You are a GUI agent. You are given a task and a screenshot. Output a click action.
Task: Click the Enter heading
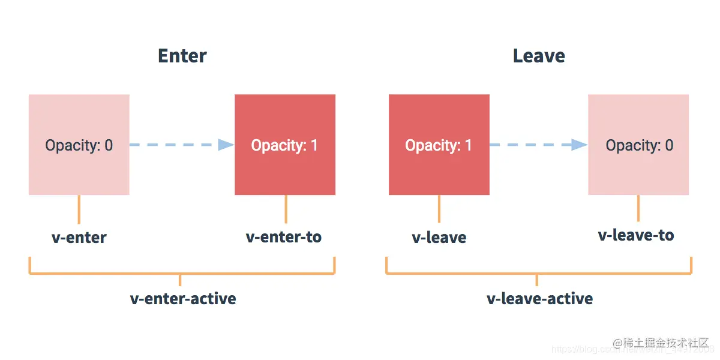[182, 56]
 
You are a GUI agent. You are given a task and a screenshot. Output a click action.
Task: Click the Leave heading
[538, 56]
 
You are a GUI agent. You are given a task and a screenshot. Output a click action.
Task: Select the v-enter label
[79, 238]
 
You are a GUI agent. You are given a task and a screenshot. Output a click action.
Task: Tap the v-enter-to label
[284, 237]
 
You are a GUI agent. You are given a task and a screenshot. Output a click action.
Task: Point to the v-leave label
[439, 238]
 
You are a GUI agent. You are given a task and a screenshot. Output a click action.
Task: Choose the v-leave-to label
[636, 235]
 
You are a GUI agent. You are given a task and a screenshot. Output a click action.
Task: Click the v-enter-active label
[183, 299]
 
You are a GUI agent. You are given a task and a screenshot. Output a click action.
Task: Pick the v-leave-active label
[539, 299]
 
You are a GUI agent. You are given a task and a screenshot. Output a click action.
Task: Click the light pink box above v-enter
[79, 120]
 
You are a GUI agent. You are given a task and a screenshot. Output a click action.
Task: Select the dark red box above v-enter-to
[285, 120]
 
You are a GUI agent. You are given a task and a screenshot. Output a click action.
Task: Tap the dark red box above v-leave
[439, 120]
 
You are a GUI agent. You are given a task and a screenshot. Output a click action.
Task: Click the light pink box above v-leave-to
[638, 120]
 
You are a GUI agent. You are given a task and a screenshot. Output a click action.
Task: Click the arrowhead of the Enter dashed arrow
[226, 145]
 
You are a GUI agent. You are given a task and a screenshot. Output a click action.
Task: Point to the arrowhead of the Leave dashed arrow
[579, 145]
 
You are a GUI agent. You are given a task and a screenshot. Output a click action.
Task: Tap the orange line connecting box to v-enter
[79, 209]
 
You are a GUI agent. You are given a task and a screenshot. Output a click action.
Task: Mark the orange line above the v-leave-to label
[638, 208]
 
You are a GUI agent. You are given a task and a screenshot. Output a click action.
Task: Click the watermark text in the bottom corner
[661, 343]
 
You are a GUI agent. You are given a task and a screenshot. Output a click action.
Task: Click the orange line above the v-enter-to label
[286, 209]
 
